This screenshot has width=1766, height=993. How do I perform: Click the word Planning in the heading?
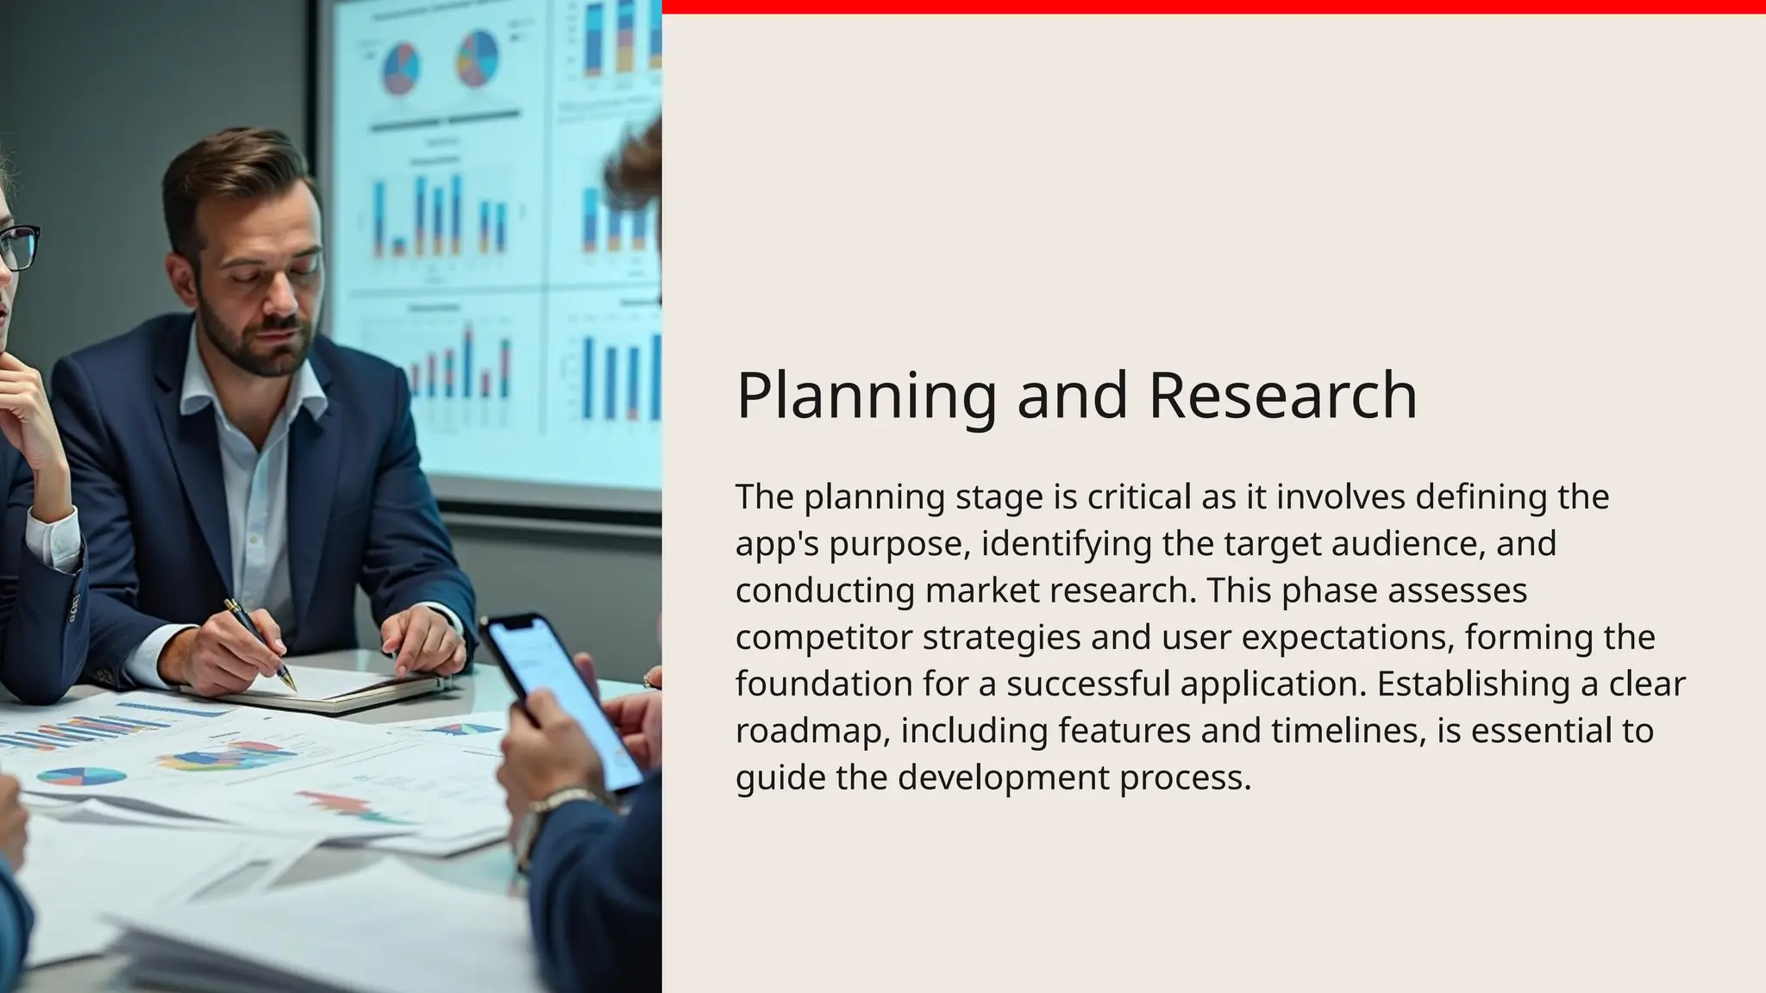tap(866, 396)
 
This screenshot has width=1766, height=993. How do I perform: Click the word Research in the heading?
tap(1283, 396)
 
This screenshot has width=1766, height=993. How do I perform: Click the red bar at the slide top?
tap(1207, 7)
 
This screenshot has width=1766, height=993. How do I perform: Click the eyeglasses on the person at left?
tap(19, 247)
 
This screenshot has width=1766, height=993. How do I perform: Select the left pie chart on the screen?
tap(401, 68)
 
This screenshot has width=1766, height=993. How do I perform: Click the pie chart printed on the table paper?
tap(81, 777)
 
